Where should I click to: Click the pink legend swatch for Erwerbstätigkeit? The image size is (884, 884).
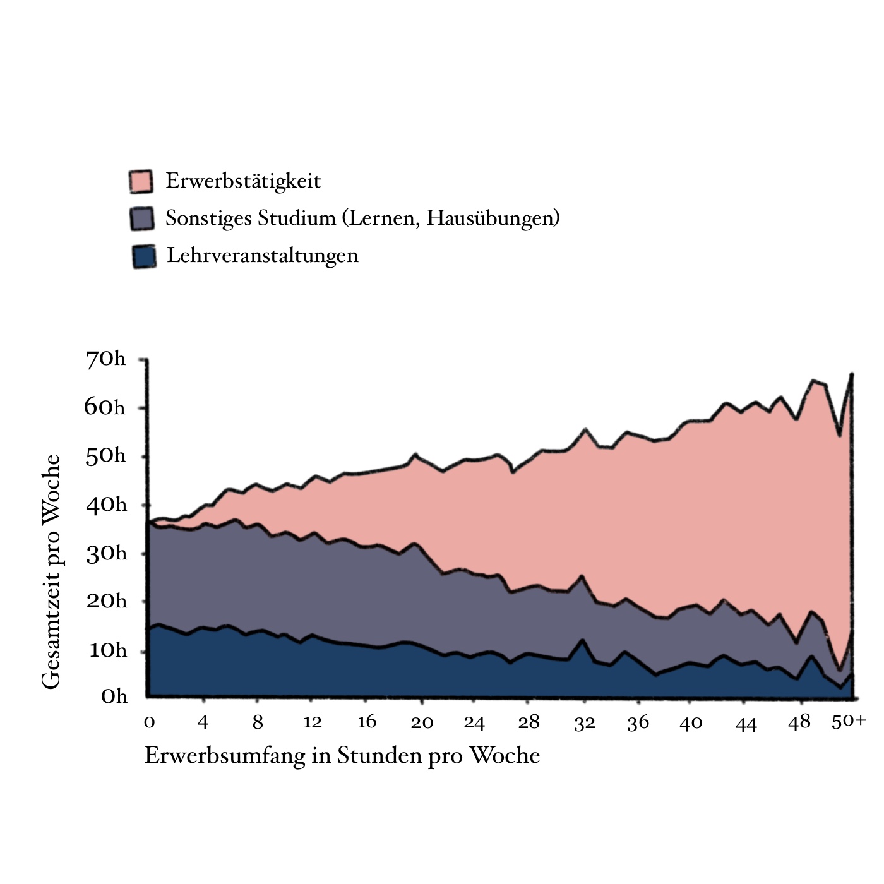click(x=140, y=182)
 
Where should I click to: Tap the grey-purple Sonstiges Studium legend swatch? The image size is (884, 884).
click(x=142, y=218)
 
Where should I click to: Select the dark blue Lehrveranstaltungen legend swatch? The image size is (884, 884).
click(x=144, y=256)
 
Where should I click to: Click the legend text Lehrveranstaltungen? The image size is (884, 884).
click(x=262, y=256)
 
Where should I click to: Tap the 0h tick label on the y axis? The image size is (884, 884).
click(x=114, y=696)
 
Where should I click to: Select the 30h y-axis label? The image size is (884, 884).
click(x=106, y=554)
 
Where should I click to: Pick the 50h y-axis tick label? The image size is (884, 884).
click(x=105, y=456)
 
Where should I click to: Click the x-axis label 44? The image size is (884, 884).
click(x=746, y=724)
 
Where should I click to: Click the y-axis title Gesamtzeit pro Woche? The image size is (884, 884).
click(x=51, y=571)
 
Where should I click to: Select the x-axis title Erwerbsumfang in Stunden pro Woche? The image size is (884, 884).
click(x=342, y=756)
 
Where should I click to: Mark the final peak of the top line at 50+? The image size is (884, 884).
click(x=852, y=374)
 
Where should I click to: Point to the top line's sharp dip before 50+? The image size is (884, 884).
click(x=839, y=435)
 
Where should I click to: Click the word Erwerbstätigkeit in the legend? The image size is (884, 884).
click(x=243, y=181)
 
